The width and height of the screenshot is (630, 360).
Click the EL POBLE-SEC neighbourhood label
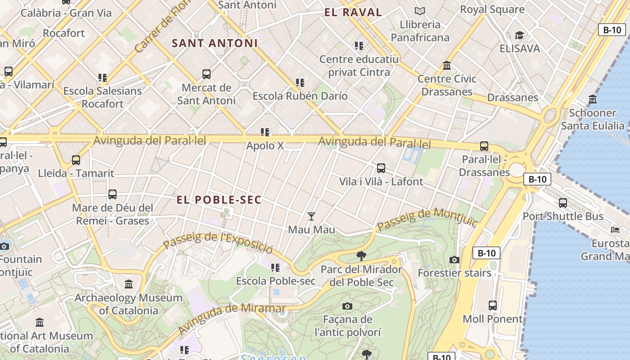[x=219, y=200]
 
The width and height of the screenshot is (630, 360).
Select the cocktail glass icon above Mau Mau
[x=311, y=216]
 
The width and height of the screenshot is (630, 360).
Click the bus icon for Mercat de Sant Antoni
[x=207, y=74]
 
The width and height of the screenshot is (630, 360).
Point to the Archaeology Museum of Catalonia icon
[x=129, y=284]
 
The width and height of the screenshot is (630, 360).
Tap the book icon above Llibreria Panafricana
[x=420, y=11]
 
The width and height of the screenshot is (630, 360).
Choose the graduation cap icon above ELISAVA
[x=519, y=35]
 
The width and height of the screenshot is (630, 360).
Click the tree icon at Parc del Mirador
[x=361, y=256]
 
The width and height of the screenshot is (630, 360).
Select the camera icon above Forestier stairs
[x=454, y=260]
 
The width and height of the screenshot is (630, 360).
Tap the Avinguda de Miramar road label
[x=232, y=318]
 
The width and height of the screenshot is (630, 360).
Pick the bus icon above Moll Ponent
[x=493, y=306]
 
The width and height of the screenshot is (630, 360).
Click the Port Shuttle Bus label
[x=562, y=216]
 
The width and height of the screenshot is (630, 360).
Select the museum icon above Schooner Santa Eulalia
[x=593, y=99]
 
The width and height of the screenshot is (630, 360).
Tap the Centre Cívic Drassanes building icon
[x=447, y=66]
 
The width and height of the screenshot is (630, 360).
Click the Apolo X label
[x=265, y=146]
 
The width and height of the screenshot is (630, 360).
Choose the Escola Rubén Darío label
[x=300, y=96]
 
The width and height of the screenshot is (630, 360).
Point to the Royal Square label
[x=492, y=9]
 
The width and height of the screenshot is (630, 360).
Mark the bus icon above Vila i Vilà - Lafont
[x=381, y=168]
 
